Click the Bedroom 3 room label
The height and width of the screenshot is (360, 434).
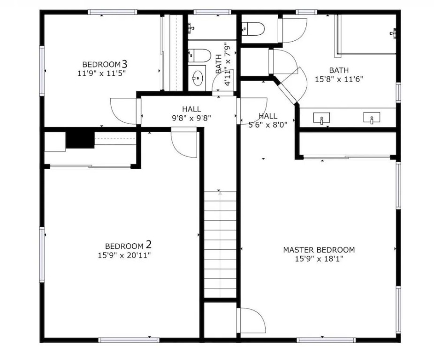[105, 64]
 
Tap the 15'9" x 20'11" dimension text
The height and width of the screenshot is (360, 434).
[124, 255]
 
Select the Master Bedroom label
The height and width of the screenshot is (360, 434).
[319, 250]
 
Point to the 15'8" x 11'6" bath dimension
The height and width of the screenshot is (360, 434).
[339, 79]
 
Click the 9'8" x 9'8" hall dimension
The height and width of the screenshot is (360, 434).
[191, 118]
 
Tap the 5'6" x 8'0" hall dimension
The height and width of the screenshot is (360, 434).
[267, 125]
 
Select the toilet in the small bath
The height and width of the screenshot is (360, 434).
[199, 56]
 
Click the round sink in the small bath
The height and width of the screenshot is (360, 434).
[198, 77]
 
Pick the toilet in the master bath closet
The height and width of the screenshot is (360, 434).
[253, 28]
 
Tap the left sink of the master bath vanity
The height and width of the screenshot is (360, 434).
[321, 118]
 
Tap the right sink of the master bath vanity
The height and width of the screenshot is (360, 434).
[372, 118]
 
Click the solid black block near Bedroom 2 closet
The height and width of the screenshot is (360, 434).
[80, 140]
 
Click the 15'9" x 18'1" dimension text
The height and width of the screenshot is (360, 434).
[319, 259]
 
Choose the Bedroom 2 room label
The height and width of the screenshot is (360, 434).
[129, 246]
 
